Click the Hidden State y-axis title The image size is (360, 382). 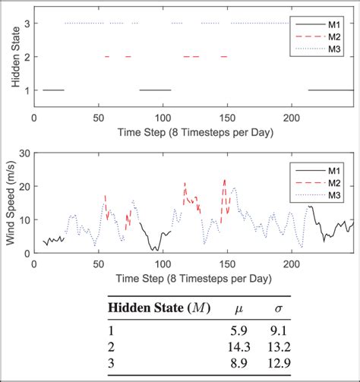[x=12, y=57]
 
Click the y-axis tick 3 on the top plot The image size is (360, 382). [x=26, y=24]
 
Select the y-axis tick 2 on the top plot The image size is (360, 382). [x=26, y=57]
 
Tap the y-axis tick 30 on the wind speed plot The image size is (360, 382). [x=24, y=153]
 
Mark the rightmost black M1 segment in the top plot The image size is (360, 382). [x=330, y=90]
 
